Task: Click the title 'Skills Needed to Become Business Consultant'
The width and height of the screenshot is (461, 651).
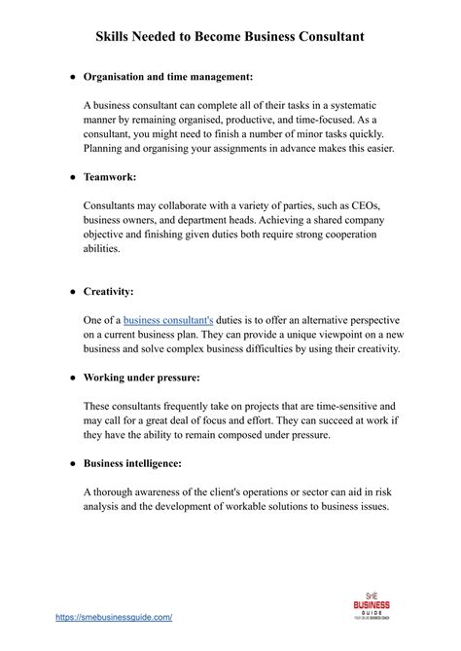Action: pyautogui.click(x=230, y=36)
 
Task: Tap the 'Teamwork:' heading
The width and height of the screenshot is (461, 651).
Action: pyautogui.click(x=109, y=178)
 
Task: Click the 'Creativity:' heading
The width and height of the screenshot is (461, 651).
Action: pyautogui.click(x=109, y=291)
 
